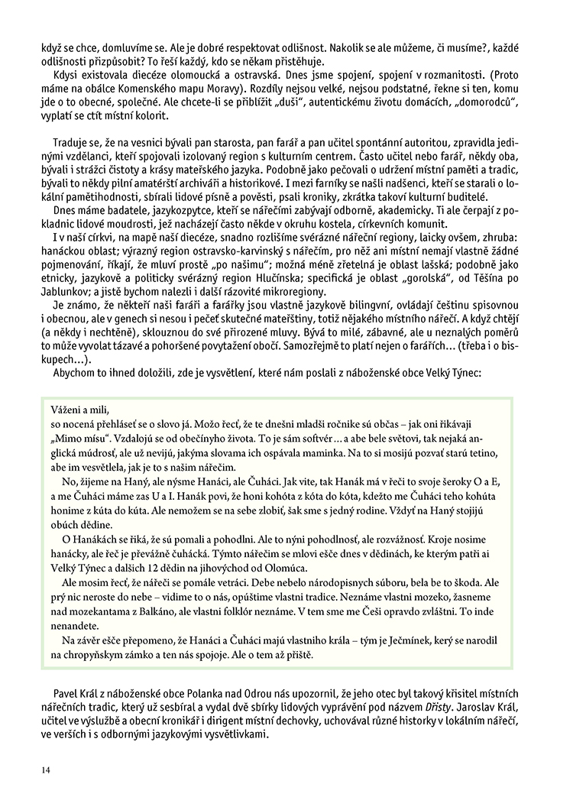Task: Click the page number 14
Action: pos(47,769)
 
